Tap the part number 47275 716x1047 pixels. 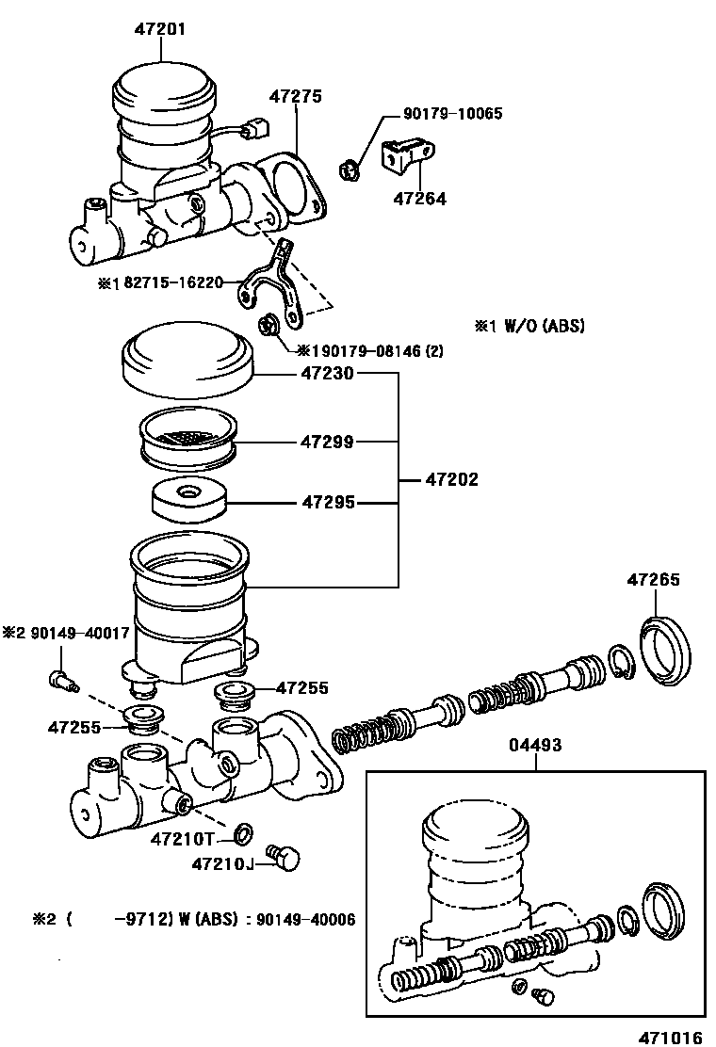[x=296, y=96]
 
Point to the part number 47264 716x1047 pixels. [x=419, y=199]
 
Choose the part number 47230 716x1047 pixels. [x=327, y=374]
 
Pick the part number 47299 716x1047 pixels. [x=327, y=441]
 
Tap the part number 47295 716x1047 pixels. [x=327, y=503]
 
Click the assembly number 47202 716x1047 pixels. [x=451, y=480]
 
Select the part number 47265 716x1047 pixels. [x=653, y=580]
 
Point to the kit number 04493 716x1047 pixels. [x=536, y=745]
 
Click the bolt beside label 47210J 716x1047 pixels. [x=283, y=857]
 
